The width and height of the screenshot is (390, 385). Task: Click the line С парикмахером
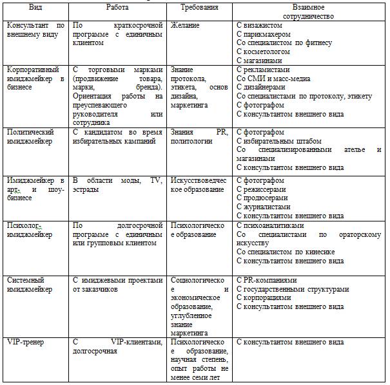264,34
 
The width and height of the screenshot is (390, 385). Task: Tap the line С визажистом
260,25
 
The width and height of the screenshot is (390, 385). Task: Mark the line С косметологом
264,52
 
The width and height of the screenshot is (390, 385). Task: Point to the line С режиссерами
264,189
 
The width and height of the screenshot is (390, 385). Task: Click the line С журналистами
266,207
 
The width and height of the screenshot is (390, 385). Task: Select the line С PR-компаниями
268,280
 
